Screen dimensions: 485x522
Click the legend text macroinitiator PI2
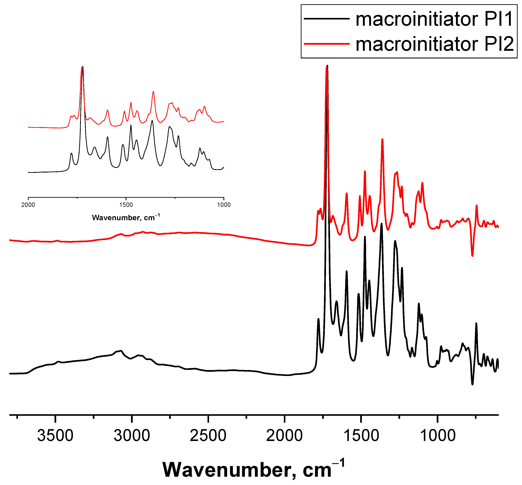434,44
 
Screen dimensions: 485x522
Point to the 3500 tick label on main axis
55,436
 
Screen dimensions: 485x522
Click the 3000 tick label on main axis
132,436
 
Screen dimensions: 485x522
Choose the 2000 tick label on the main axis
284,436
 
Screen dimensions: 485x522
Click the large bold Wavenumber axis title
253,470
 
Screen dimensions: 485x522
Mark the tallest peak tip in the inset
83,67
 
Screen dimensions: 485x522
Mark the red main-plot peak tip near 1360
382,139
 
